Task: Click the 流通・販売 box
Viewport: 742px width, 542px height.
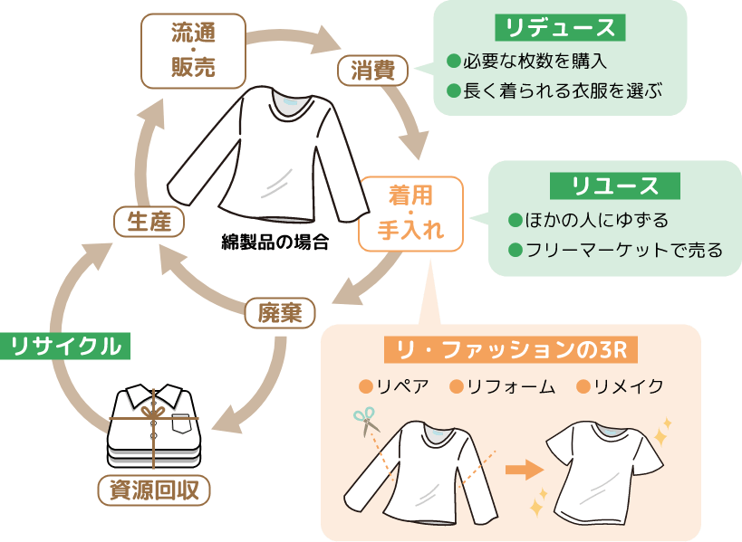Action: click(x=193, y=51)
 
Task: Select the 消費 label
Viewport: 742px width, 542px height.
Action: click(x=372, y=71)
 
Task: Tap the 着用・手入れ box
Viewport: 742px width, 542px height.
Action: click(x=410, y=213)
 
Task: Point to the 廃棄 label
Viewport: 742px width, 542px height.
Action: click(x=280, y=313)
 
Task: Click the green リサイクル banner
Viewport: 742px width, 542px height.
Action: click(x=65, y=346)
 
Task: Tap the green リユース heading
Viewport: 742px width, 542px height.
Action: click(x=615, y=186)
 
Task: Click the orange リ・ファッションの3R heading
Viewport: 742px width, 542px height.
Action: click(x=512, y=348)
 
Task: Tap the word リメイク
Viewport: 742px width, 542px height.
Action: click(x=628, y=387)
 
